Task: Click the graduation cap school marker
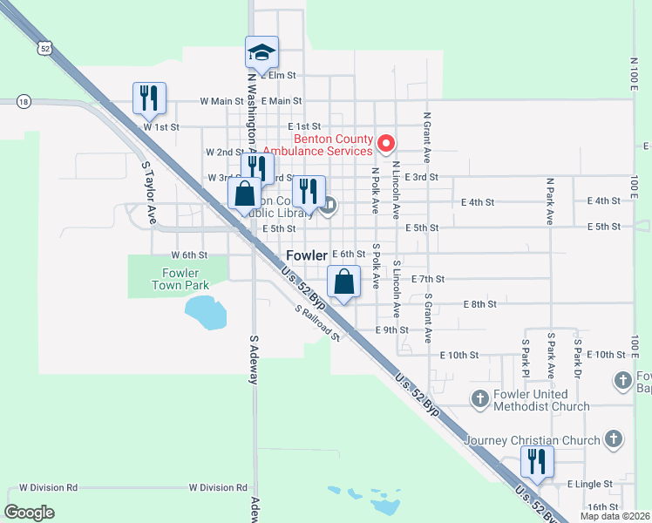pyautogui.click(x=261, y=52)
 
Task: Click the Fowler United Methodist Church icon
pyautogui.click(x=479, y=400)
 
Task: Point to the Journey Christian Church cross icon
pyautogui.click(x=614, y=439)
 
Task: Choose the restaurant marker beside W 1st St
pyautogui.click(x=149, y=98)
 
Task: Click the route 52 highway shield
pyautogui.click(x=44, y=48)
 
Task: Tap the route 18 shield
pyautogui.click(x=24, y=101)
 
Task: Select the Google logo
pyautogui.click(x=30, y=512)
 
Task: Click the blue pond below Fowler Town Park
pyautogui.click(x=206, y=312)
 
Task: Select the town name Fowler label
pyautogui.click(x=307, y=255)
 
